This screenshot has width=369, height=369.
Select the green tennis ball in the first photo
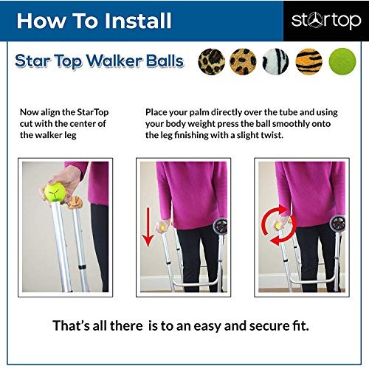point(54,193)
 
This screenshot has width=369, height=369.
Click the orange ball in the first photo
point(74,200)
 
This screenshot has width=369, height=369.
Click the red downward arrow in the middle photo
point(148,227)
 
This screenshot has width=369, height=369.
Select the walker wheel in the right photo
point(339,222)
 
